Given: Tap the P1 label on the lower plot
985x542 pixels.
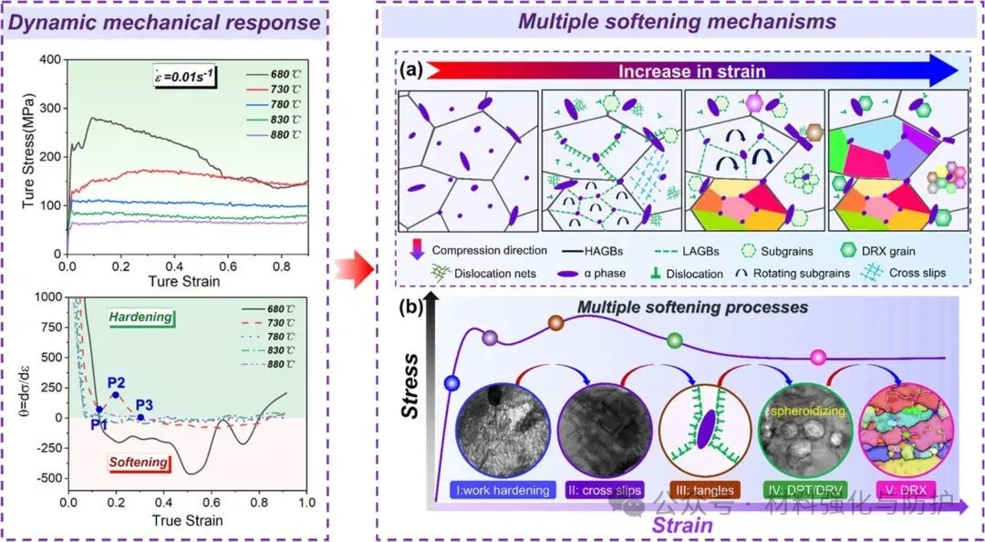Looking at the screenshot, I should (98, 423).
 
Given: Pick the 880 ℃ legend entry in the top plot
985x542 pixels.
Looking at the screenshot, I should (280, 137).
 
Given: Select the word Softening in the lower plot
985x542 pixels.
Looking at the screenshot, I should (138, 463).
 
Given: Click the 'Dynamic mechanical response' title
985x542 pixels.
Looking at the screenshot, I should (162, 21).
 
